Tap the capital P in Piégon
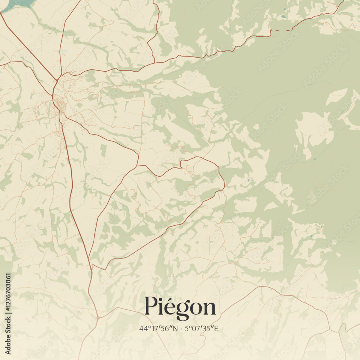tap(151, 306)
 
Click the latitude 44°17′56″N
tap(159, 328)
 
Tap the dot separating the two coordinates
tap(181, 329)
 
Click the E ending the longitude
tap(216, 328)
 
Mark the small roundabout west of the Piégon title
tap(98, 318)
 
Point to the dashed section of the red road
tap(283, 31)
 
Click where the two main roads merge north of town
tap(57, 80)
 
